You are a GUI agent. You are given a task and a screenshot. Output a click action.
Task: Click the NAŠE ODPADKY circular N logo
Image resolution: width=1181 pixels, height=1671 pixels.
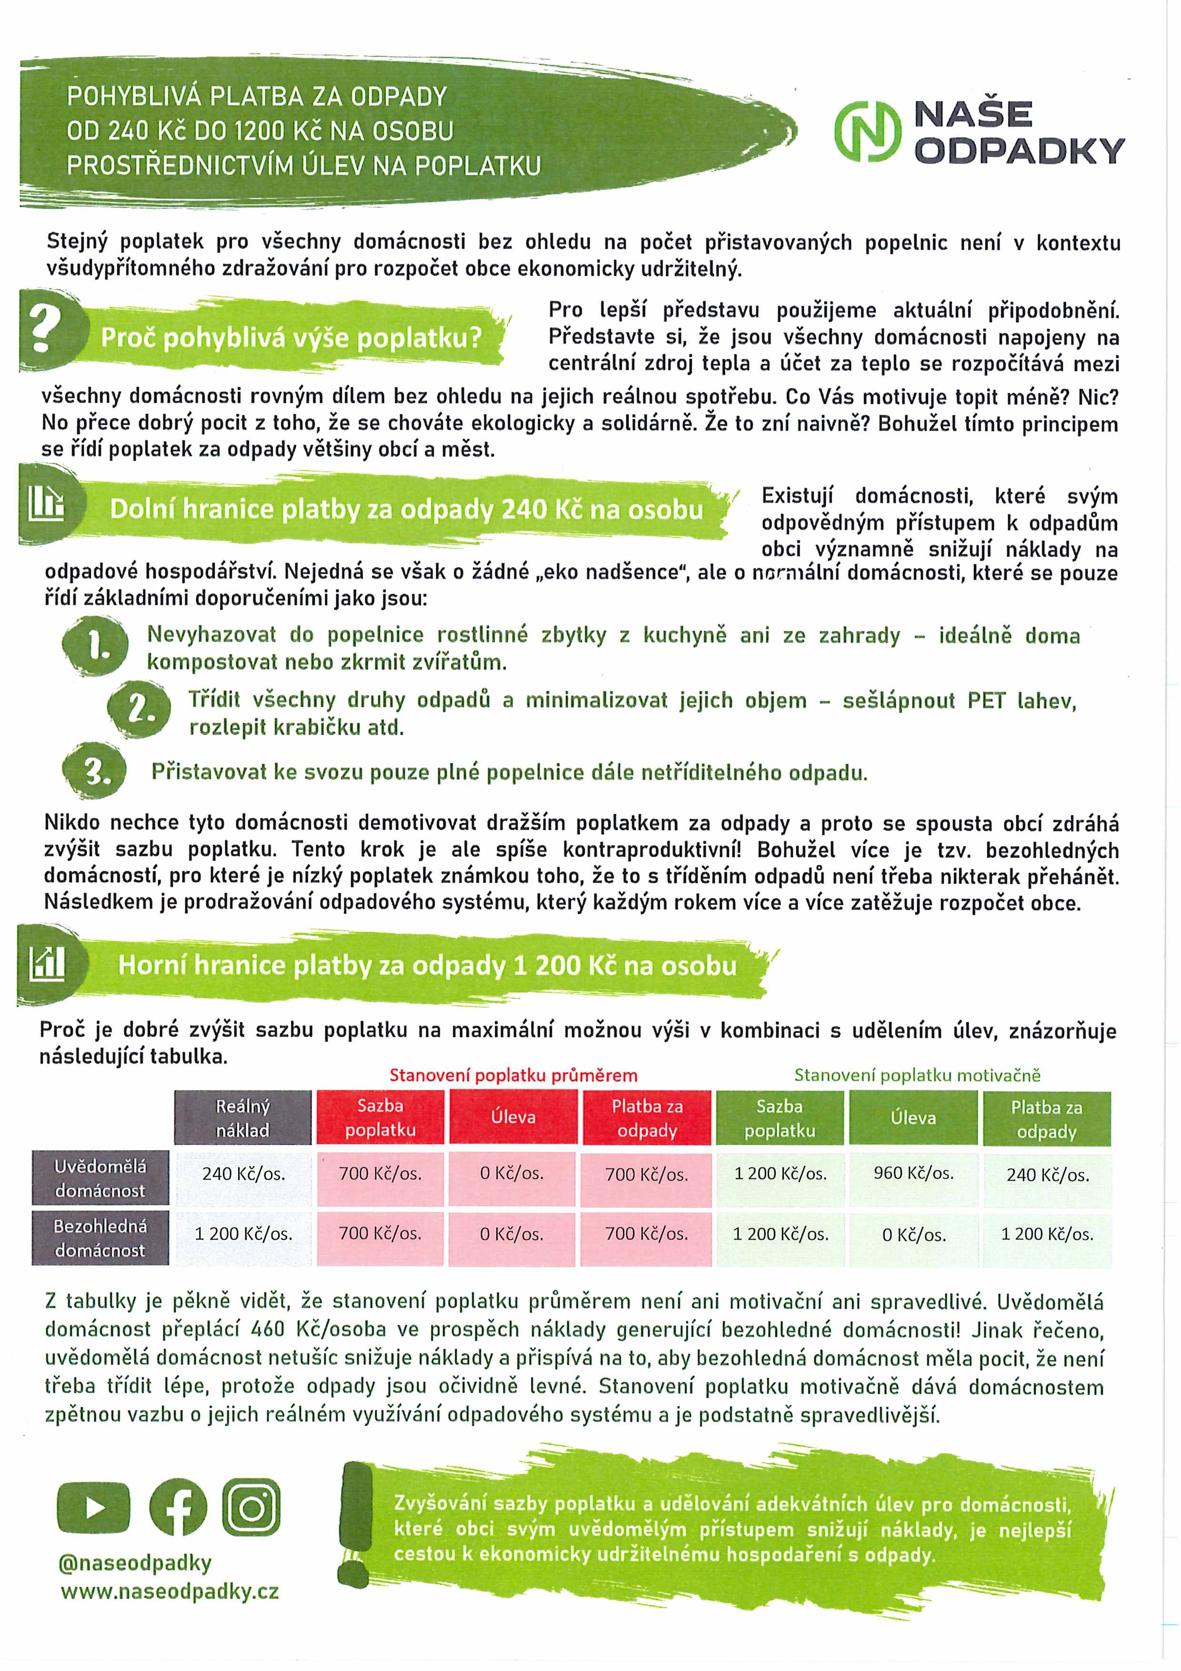[867, 132]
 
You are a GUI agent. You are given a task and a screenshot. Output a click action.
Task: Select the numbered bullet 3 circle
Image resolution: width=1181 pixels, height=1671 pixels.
[95, 772]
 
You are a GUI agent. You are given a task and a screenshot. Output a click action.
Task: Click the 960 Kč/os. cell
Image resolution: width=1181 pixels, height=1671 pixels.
[913, 1173]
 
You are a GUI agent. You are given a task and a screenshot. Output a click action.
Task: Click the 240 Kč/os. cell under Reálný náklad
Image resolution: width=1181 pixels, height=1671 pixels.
[243, 1174]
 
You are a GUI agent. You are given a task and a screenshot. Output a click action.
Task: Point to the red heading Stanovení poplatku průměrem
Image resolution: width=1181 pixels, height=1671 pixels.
[513, 1075]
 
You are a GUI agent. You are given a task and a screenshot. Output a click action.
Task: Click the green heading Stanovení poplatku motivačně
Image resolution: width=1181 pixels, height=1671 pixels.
[917, 1075]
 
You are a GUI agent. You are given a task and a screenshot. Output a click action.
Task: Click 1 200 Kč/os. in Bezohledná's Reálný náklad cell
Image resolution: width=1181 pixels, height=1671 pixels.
[243, 1234]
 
